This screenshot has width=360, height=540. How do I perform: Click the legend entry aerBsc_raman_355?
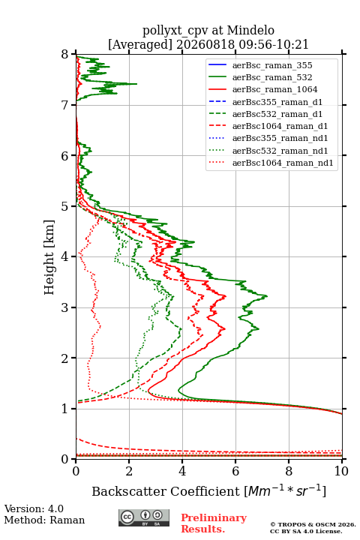coord(272,65)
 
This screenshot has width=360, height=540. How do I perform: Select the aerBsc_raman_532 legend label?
coord(272,77)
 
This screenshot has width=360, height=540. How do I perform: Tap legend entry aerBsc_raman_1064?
coord(275,89)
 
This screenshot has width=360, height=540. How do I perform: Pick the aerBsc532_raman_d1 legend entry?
coord(277,114)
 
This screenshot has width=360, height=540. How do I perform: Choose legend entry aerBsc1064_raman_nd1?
coord(283,163)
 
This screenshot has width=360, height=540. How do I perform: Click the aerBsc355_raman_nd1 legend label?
coord(280,138)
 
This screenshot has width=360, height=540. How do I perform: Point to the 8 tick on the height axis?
coord(65,54)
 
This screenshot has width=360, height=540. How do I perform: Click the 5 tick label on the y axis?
coord(65,206)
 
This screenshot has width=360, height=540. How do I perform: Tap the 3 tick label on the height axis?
coord(65,307)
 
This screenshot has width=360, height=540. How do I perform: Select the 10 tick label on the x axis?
coord(341,471)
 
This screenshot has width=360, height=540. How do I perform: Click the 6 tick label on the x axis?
coord(235,471)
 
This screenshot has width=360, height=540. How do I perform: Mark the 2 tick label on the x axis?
coord(129,471)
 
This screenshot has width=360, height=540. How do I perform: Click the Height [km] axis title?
coord(49,257)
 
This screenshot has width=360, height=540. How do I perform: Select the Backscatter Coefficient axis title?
coord(208,490)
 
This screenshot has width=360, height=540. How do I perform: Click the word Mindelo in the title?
coord(250,30)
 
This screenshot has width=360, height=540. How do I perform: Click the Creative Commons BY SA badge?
coord(144,517)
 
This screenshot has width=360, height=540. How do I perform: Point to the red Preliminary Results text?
coord(214,523)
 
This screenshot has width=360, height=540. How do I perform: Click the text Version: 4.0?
coord(34,508)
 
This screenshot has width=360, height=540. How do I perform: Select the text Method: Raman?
coord(44,520)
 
